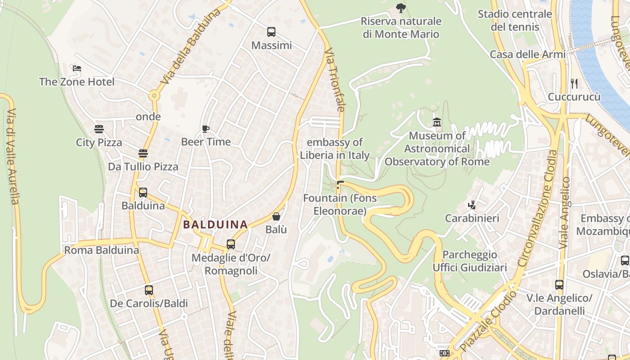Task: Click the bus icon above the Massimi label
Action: coord(271,32)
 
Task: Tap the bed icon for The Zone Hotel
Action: coord(76,69)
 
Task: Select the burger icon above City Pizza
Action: coord(99,129)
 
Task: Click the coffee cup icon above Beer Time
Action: coord(206,129)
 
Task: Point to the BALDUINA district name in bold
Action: coord(216,224)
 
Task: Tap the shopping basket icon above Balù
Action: coord(276,217)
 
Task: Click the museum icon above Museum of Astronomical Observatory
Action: coord(436,122)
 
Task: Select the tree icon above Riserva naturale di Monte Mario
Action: coord(400,8)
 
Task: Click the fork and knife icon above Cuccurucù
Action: coord(574,83)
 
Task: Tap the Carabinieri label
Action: coord(472,218)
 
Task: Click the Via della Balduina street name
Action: coord(191,46)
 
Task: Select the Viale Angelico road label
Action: coord(565,213)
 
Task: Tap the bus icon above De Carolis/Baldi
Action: coord(148,290)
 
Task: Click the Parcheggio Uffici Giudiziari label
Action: coord(470,261)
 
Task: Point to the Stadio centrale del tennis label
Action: coord(515,20)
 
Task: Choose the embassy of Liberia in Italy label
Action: coord(335,149)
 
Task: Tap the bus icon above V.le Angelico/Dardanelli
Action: coord(559,285)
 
